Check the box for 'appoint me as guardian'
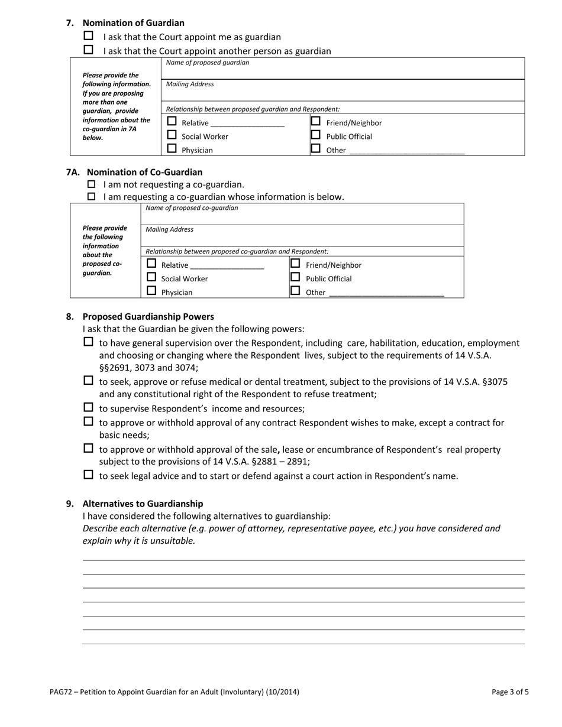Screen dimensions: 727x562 pyautogui.click(x=89, y=36)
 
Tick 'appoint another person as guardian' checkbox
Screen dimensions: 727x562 pyautogui.click(x=89, y=50)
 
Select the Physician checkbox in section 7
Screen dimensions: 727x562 pyautogui.click(x=172, y=149)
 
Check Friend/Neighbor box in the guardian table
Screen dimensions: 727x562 pyautogui.click(x=316, y=121)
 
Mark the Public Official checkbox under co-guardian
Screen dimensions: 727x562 pyautogui.click(x=295, y=277)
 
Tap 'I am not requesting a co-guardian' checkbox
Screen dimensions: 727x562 pyautogui.click(x=91, y=184)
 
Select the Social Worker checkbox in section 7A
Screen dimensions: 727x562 pyautogui.click(x=151, y=277)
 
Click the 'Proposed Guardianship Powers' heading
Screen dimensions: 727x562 pyautogui.click(x=148, y=317)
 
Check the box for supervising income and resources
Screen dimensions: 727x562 pyautogui.click(x=89, y=407)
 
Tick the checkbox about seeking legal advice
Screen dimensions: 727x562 pyautogui.click(x=89, y=475)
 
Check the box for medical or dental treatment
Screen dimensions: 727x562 pyautogui.click(x=89, y=381)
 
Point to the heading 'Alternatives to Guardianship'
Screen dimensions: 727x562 pyautogui.click(x=143, y=504)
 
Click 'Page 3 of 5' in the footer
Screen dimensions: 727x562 pyautogui.click(x=510, y=692)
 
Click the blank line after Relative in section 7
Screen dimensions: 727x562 pyautogui.click(x=247, y=123)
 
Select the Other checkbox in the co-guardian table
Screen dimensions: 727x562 pyautogui.click(x=295, y=291)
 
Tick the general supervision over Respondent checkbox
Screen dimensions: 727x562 pyautogui.click(x=89, y=342)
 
